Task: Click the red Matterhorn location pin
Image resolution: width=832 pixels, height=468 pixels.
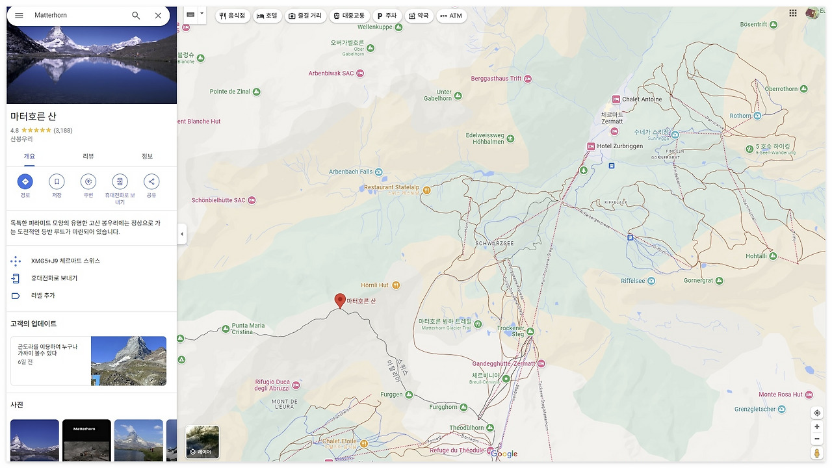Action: point(339,300)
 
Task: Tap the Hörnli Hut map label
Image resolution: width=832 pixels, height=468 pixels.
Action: point(375,285)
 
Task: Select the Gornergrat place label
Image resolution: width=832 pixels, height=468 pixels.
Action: point(699,281)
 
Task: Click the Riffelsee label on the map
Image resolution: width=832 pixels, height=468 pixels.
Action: point(633,281)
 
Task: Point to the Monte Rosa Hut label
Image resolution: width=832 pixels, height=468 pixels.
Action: point(781,395)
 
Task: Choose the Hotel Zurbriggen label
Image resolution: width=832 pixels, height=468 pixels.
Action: point(619,146)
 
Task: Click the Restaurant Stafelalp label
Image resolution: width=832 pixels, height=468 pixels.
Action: point(391,188)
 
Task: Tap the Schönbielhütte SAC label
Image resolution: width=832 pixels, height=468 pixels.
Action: point(218,200)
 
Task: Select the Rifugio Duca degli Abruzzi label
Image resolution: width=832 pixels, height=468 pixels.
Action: point(272,385)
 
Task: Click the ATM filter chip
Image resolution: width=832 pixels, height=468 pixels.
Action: point(451,16)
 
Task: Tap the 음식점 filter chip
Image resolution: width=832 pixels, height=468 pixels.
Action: point(233,16)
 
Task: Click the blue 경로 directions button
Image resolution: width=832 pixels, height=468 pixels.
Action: point(25,182)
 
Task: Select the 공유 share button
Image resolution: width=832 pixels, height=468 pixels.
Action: point(151,182)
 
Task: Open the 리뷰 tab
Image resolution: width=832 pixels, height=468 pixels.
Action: point(88,157)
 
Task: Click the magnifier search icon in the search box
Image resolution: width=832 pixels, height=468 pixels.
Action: point(136,16)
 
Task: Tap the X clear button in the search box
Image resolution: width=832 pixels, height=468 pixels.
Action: point(158,16)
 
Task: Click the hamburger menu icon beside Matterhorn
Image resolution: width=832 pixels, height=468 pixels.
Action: point(19,16)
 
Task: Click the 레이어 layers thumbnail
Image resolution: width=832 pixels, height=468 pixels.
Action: point(202,442)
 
